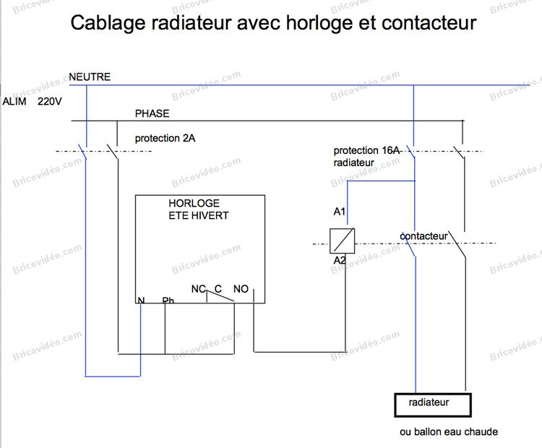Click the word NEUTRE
[x=90, y=77]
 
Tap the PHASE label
[x=152, y=113]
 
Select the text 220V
[x=50, y=101]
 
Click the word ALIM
[x=14, y=101]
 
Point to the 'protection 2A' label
[x=165, y=138]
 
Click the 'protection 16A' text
[x=366, y=150]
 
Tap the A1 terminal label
[x=340, y=211]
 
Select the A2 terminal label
[x=340, y=260]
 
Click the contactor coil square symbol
[x=343, y=241]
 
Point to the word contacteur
[x=423, y=236]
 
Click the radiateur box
[x=433, y=405]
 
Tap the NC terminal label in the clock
[x=199, y=288]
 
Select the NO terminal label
[x=241, y=288]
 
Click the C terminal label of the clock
[x=218, y=288]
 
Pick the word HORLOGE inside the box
[x=194, y=203]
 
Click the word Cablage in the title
[x=108, y=23]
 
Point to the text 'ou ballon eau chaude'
[x=449, y=432]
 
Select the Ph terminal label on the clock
[x=168, y=301]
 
